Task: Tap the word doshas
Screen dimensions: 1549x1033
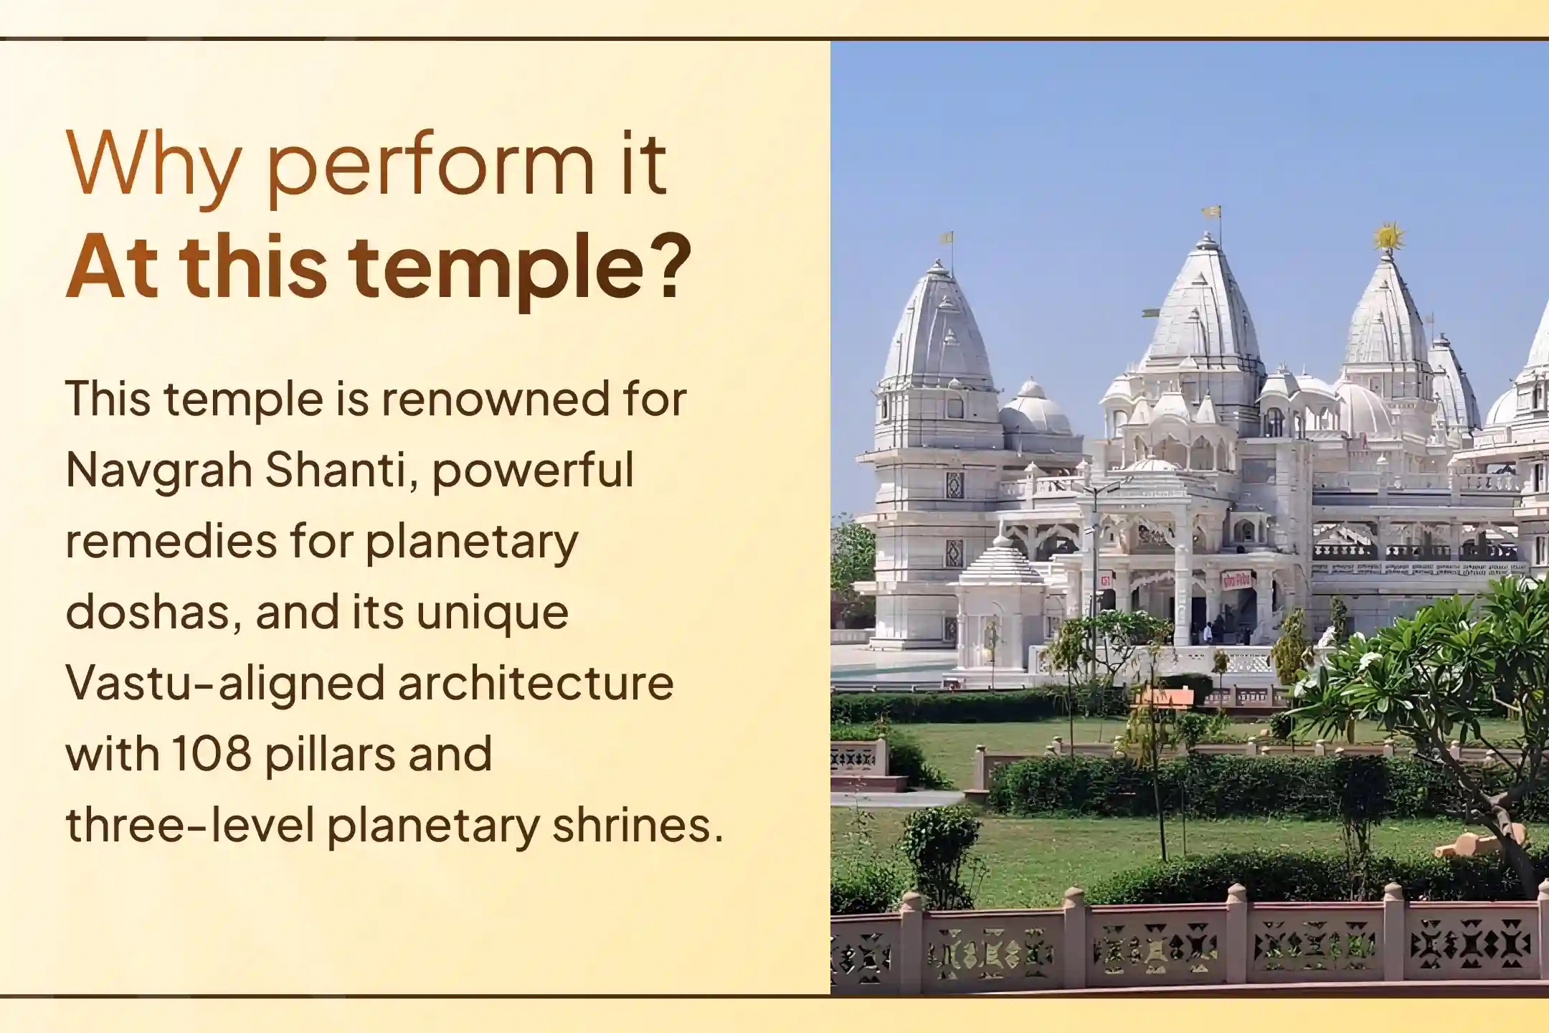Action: pyautogui.click(x=153, y=612)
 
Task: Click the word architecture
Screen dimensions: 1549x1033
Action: pyautogui.click(x=536, y=683)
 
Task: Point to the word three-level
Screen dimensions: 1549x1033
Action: pyautogui.click(x=190, y=825)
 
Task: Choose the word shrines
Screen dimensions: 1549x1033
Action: pyautogui.click(x=638, y=825)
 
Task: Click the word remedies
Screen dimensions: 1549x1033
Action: pyautogui.click(x=171, y=540)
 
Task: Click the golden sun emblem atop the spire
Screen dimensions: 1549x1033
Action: pyautogui.click(x=1389, y=237)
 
